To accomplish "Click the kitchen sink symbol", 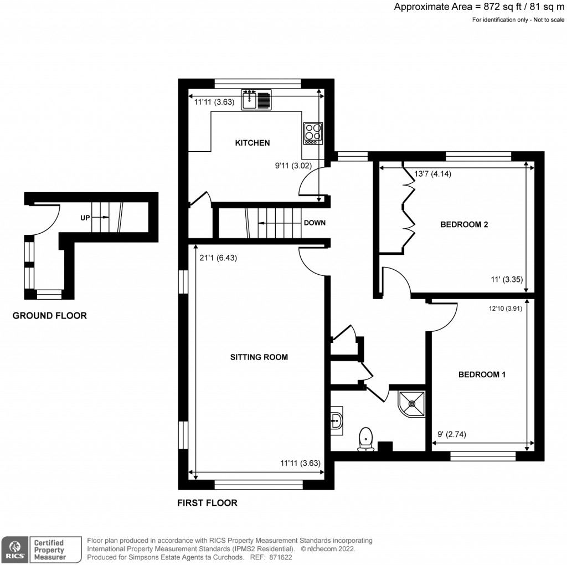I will pos(256,99).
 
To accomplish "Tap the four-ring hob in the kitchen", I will pos(313,133).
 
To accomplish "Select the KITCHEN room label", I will pos(252,143).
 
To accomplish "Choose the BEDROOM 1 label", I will pos(482,374).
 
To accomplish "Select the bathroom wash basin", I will pos(337,420).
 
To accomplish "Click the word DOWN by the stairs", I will pos(314,223).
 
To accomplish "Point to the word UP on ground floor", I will pos(85,218).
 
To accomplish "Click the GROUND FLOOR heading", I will pos(50,316).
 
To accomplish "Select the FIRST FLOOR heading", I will pos(207,503).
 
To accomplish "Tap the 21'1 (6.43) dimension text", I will pos(218,258).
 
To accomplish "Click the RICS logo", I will pos(12,549).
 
